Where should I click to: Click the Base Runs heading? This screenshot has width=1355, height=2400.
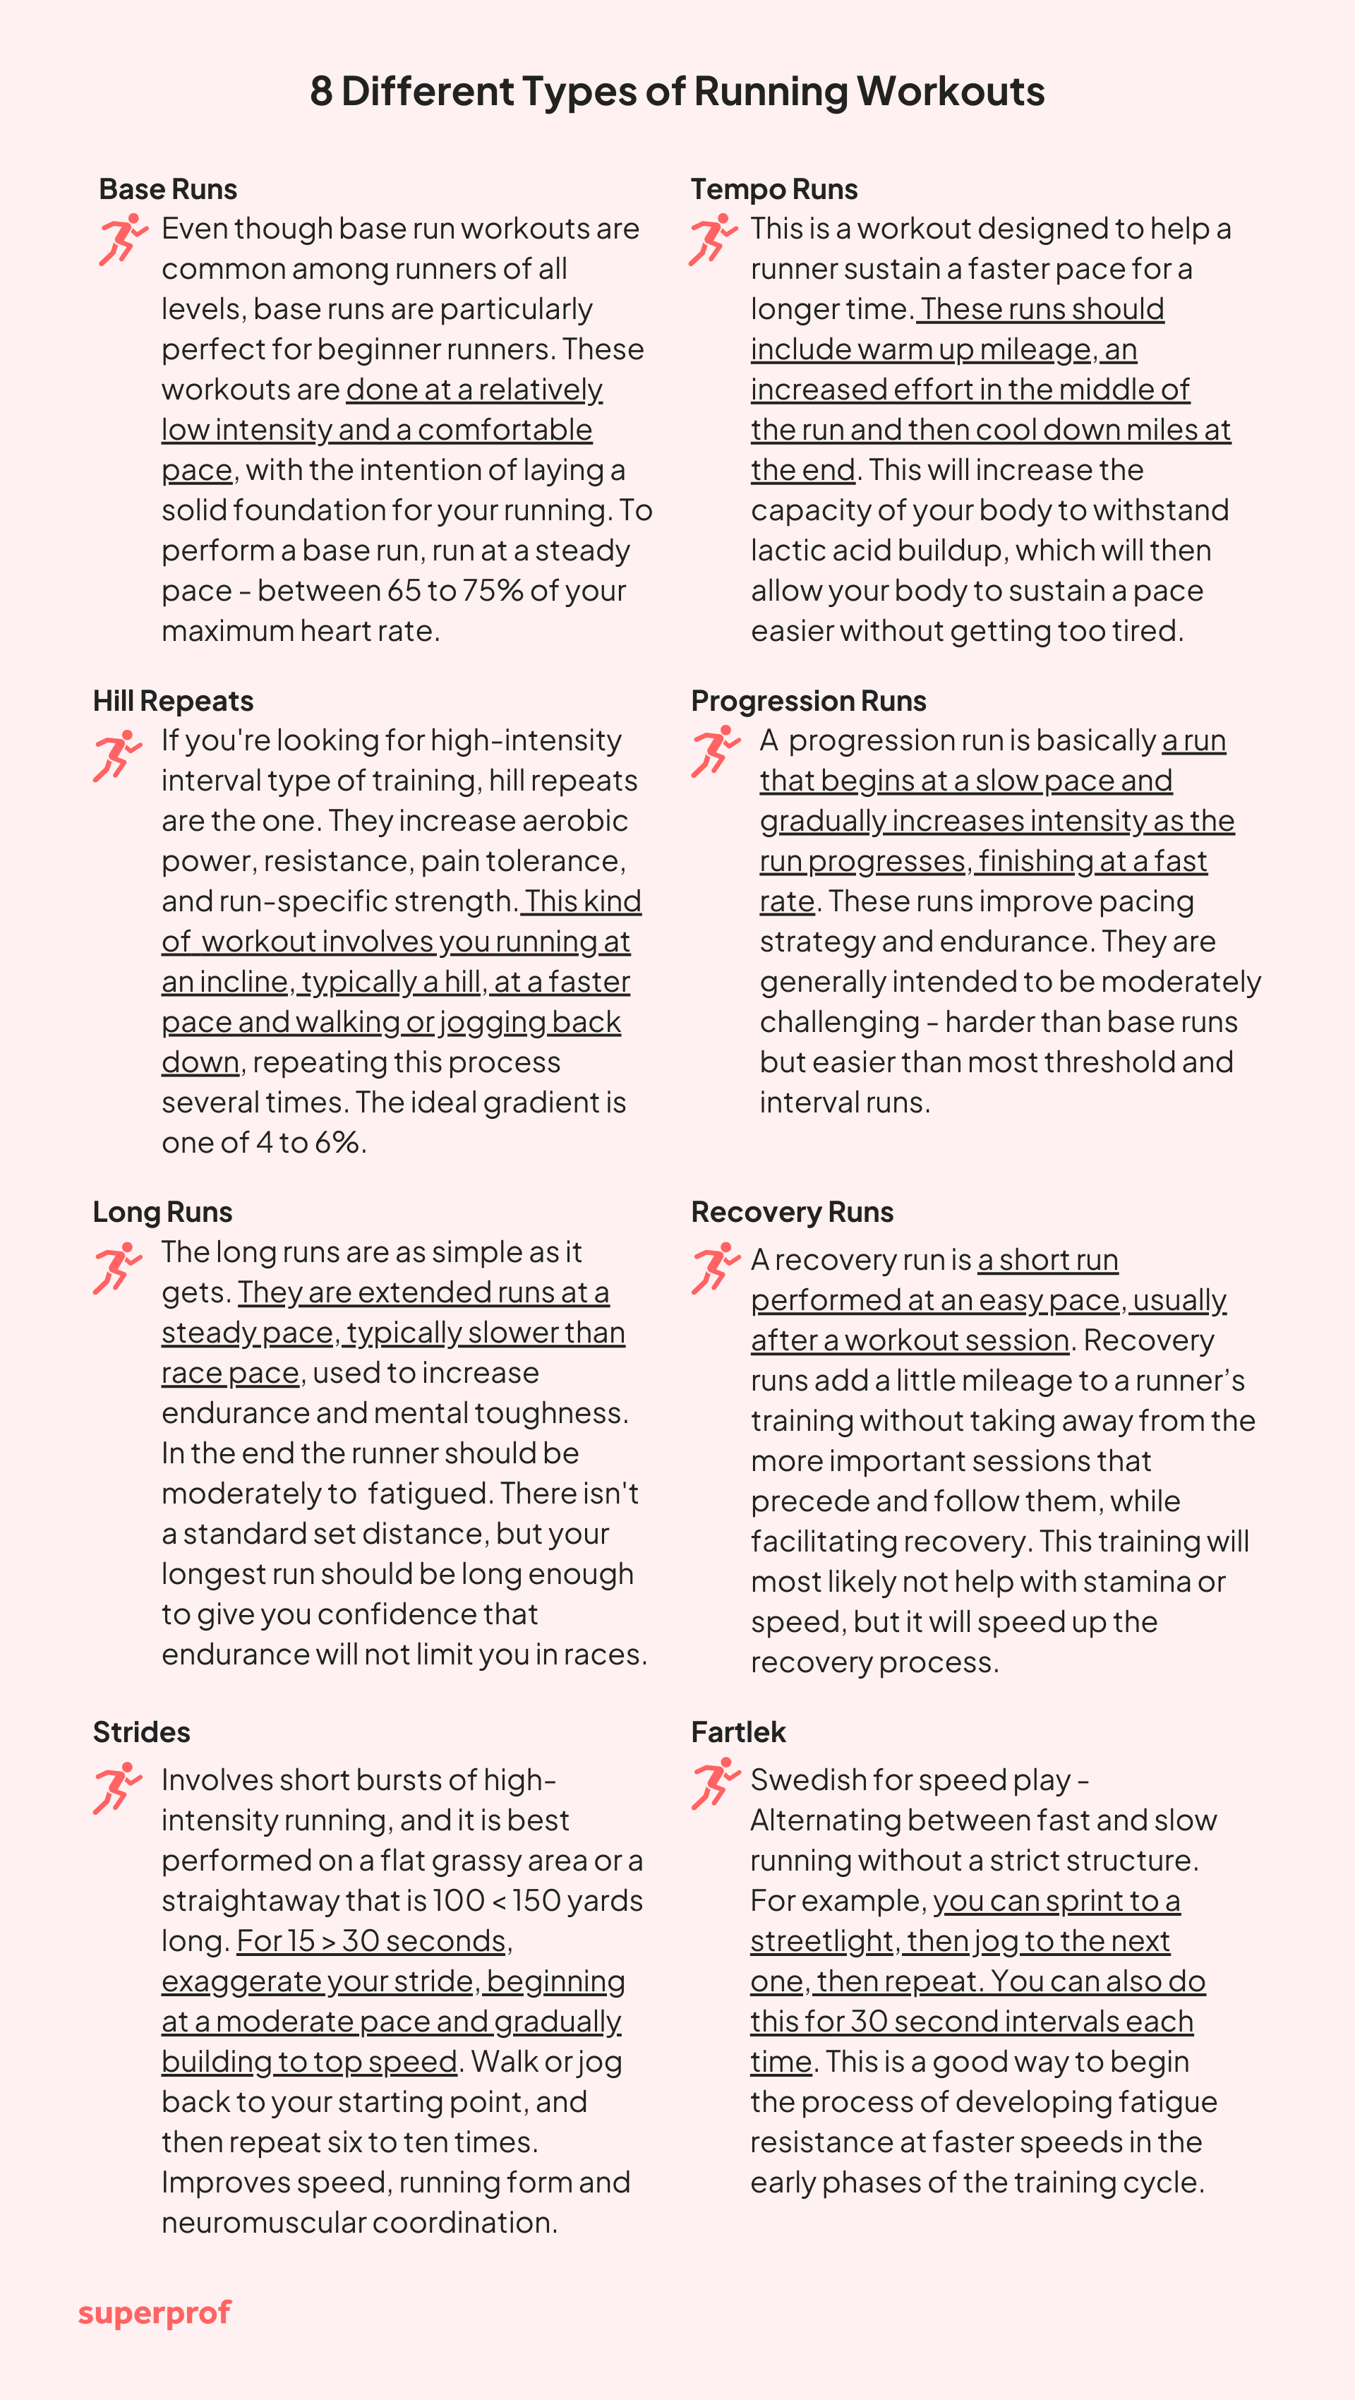(168, 189)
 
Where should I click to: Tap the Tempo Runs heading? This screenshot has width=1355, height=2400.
(774, 189)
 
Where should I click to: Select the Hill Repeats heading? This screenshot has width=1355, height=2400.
(173, 701)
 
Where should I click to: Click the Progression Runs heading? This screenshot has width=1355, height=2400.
(808, 701)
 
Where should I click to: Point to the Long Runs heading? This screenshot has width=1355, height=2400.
(162, 1212)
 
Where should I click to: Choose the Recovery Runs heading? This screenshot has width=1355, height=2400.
(792, 1212)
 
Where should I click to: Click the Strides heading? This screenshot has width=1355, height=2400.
(142, 1732)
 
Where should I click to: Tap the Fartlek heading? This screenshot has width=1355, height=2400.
(738, 1732)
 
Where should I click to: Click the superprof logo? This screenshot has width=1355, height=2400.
(155, 2313)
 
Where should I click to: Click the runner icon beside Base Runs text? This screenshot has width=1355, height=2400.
(123, 239)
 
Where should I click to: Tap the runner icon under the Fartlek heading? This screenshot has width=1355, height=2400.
(714, 1784)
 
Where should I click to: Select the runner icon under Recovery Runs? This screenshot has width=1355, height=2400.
(714, 1268)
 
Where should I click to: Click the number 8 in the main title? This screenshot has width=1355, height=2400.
(320, 91)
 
